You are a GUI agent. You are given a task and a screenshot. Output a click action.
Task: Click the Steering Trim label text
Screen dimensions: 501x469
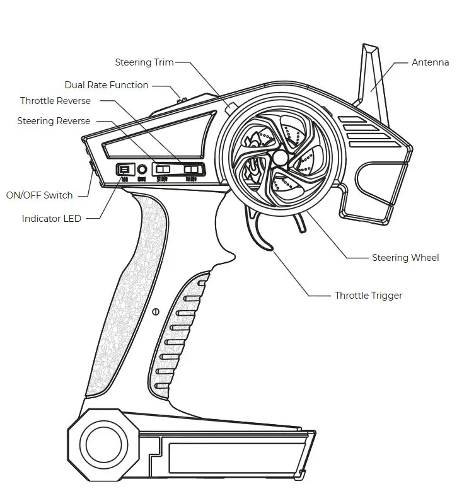point(144,62)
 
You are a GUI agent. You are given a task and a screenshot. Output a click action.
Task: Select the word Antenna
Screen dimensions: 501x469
point(430,62)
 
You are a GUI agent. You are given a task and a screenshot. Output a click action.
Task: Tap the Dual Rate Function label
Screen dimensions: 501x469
point(107,85)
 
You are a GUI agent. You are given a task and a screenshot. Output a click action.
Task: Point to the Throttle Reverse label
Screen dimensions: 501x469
point(55,101)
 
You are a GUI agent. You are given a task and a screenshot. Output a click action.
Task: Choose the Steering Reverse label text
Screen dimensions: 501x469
point(54,121)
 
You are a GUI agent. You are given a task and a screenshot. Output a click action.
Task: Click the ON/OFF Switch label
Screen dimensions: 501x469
point(39,195)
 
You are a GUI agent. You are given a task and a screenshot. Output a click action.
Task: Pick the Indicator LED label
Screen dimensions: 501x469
point(52,219)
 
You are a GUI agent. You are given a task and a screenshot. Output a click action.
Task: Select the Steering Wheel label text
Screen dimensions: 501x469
point(405,258)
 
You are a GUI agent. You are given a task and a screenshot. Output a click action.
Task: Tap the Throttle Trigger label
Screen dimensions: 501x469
point(368,296)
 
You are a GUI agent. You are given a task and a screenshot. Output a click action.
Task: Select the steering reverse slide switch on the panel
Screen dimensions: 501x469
point(164,170)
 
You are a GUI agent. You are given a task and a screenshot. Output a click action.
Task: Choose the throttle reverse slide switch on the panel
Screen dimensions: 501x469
point(191,169)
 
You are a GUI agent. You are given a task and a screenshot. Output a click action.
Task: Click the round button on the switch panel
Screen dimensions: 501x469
point(142,170)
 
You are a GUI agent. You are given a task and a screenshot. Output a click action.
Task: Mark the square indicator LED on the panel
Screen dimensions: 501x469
point(124,170)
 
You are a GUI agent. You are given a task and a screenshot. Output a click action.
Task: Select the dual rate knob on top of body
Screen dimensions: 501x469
point(183,99)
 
